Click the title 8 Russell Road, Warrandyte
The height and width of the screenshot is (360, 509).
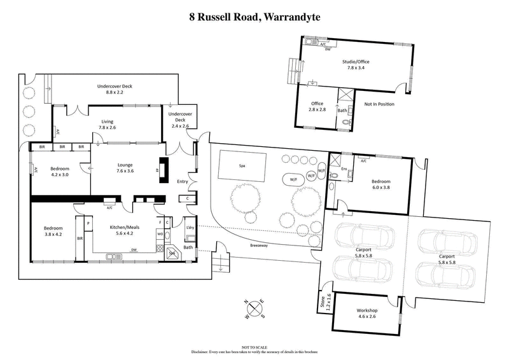254,18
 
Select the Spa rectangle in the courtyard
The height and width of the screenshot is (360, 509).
242,165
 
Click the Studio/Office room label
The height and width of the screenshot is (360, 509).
356,62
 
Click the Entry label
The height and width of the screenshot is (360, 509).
183,182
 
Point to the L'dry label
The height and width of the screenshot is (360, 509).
190,228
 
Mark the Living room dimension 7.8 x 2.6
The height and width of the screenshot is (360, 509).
108,127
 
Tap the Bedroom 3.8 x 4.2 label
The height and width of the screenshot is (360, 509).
53,231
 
